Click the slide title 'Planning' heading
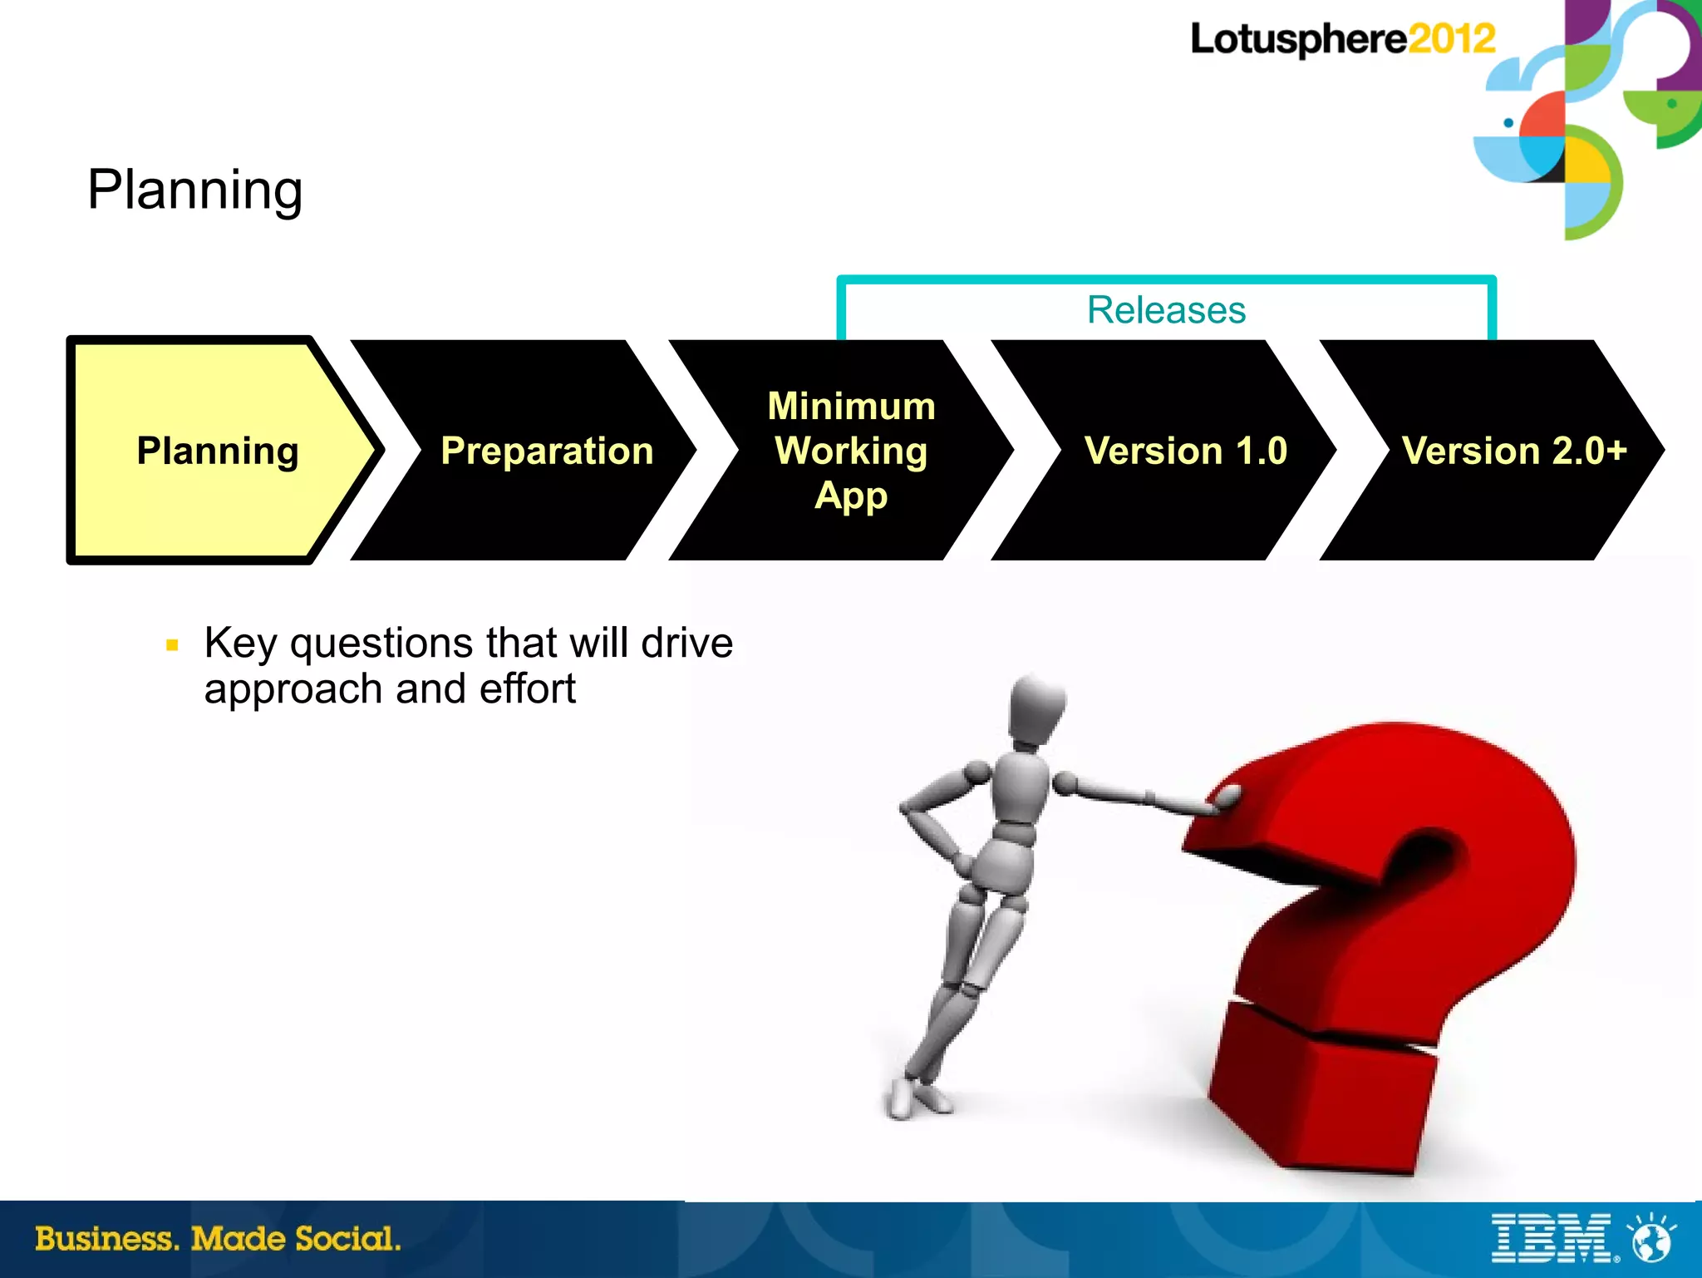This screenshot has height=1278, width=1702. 194,190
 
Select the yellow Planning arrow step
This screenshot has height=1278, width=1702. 218,451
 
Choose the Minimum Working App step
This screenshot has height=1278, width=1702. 851,451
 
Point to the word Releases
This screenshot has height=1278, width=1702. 1166,310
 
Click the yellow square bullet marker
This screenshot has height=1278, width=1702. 173,644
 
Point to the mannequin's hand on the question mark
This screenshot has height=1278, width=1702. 1225,800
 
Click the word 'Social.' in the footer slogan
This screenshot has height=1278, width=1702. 348,1239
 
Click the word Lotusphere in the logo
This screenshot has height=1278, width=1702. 1298,39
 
